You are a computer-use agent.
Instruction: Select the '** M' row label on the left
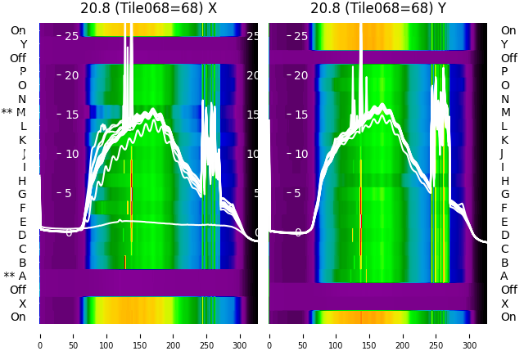14,112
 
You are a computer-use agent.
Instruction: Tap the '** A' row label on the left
16,276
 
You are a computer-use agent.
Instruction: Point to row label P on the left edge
23,71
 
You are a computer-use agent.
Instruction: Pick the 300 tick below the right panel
470,335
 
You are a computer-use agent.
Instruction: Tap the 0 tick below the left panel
40,335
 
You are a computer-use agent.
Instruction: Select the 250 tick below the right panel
436,335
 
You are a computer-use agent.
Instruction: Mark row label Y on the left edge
23,44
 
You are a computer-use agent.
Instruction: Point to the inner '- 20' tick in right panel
300,75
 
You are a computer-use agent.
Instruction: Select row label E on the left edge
23,222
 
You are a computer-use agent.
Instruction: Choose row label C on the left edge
23,249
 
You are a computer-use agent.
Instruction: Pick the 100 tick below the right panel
337,335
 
